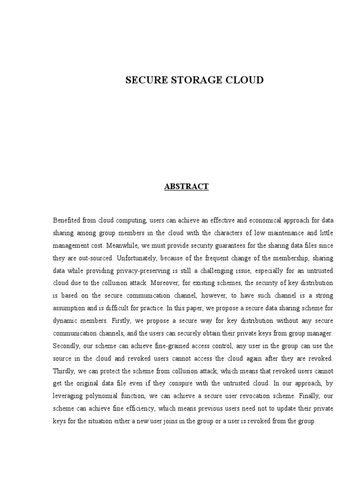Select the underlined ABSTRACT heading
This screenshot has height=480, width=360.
point(186,187)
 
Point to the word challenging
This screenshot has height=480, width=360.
point(222,270)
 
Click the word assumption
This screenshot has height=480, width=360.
point(70,308)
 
